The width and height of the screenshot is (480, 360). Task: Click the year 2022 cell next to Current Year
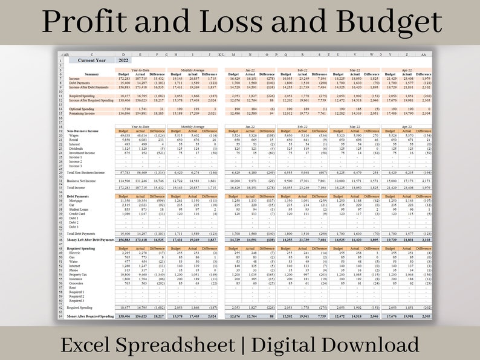[x=123, y=60]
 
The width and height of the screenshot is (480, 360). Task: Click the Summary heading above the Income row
[x=92, y=74]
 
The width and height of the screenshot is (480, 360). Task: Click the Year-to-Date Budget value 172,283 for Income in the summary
[x=123, y=79]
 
